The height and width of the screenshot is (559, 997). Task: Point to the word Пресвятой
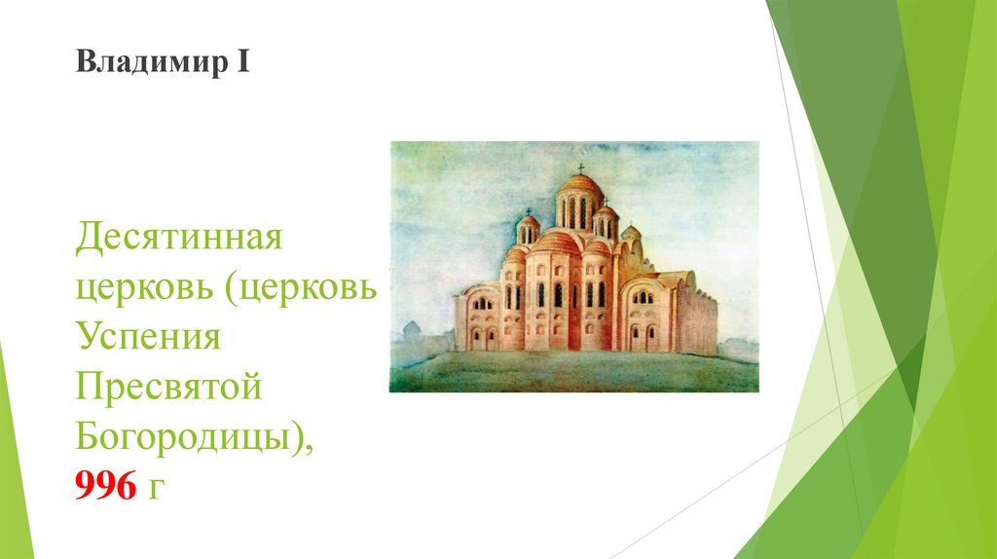point(168,390)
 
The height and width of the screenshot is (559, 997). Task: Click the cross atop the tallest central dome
point(581,168)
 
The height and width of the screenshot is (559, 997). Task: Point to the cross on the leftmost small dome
point(528,210)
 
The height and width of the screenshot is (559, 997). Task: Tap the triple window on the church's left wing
point(481,303)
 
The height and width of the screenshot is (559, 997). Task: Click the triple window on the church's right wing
point(643,297)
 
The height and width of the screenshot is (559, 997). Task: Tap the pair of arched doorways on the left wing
point(481,337)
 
